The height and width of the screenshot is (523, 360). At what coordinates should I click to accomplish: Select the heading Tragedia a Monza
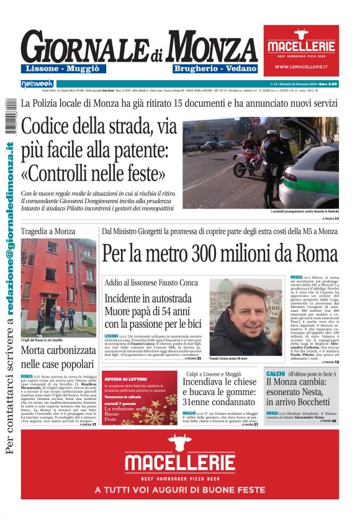point(48,231)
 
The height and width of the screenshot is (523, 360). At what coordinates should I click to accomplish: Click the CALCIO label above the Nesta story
point(275,374)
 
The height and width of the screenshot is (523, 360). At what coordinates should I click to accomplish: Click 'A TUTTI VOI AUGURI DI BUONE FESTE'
point(179,490)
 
